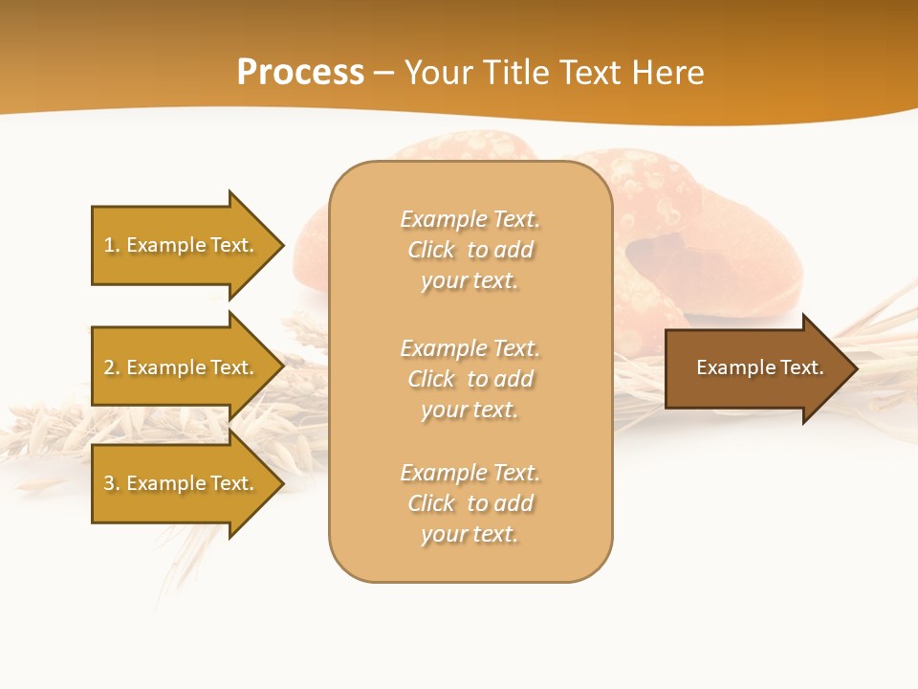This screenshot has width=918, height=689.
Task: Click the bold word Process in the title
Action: point(300,73)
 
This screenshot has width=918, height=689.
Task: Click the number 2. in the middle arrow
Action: point(112,367)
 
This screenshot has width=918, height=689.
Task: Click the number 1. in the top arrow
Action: point(112,245)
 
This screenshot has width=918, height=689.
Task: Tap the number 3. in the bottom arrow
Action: point(112,483)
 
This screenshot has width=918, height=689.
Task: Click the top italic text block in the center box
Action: point(470,250)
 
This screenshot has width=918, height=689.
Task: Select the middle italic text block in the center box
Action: point(470,378)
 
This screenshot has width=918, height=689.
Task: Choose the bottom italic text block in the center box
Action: point(470,503)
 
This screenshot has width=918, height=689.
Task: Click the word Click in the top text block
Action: point(430,250)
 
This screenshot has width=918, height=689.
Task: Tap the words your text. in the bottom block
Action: point(470,534)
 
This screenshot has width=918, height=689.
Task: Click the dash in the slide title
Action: point(383,74)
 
